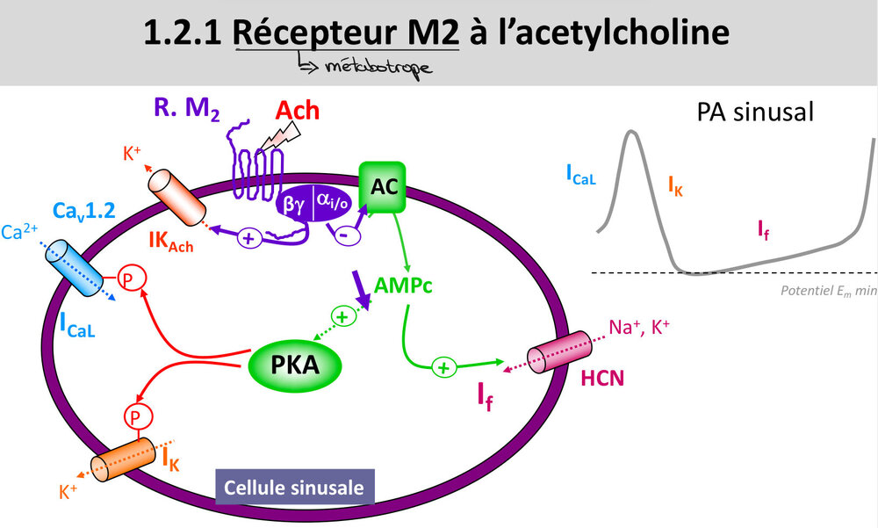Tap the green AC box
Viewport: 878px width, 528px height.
[381, 186]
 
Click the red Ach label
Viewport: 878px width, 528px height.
[298, 111]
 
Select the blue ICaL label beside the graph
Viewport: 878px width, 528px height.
[581, 175]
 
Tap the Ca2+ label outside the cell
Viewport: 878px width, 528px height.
[19, 234]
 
